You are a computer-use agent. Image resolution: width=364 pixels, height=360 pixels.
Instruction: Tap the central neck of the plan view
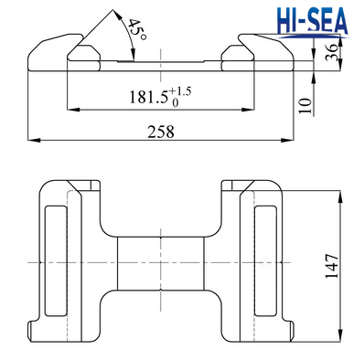point(161,262)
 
